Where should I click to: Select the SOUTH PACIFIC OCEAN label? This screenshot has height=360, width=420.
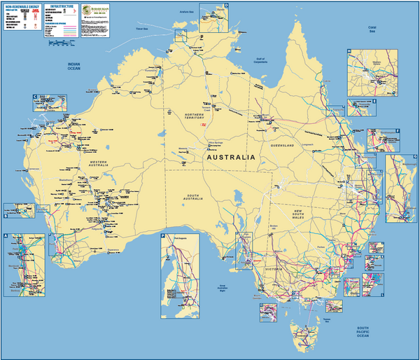(x=362, y=332)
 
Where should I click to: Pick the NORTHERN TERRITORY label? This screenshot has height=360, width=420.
(x=194, y=116)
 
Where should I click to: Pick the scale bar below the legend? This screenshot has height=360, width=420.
(x=61, y=43)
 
